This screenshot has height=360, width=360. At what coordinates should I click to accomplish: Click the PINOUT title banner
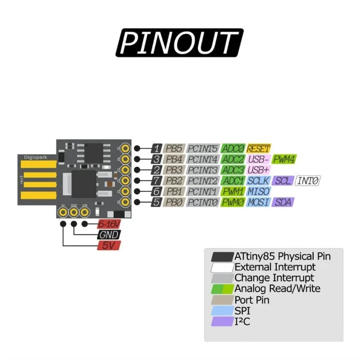(180, 42)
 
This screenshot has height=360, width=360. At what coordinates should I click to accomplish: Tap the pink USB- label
(258, 159)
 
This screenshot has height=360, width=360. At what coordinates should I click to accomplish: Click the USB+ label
(258, 170)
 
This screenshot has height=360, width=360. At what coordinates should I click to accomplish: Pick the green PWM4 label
(284, 159)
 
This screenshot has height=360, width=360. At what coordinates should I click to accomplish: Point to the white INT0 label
(308, 181)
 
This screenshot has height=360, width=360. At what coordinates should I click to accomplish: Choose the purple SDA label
(283, 202)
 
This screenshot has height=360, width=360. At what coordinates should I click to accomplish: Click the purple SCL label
(283, 181)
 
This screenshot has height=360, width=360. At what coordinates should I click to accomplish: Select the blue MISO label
(258, 192)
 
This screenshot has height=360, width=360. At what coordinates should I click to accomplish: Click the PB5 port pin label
(173, 148)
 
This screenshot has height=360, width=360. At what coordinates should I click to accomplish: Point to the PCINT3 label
(202, 170)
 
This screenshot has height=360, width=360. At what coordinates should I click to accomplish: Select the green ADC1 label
(233, 181)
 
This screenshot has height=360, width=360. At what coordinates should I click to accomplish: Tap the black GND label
(108, 235)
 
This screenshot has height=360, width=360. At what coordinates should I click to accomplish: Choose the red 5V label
(108, 246)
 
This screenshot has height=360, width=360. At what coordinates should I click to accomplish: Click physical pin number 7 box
(156, 181)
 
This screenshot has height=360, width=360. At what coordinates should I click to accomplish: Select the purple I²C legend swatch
(222, 322)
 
